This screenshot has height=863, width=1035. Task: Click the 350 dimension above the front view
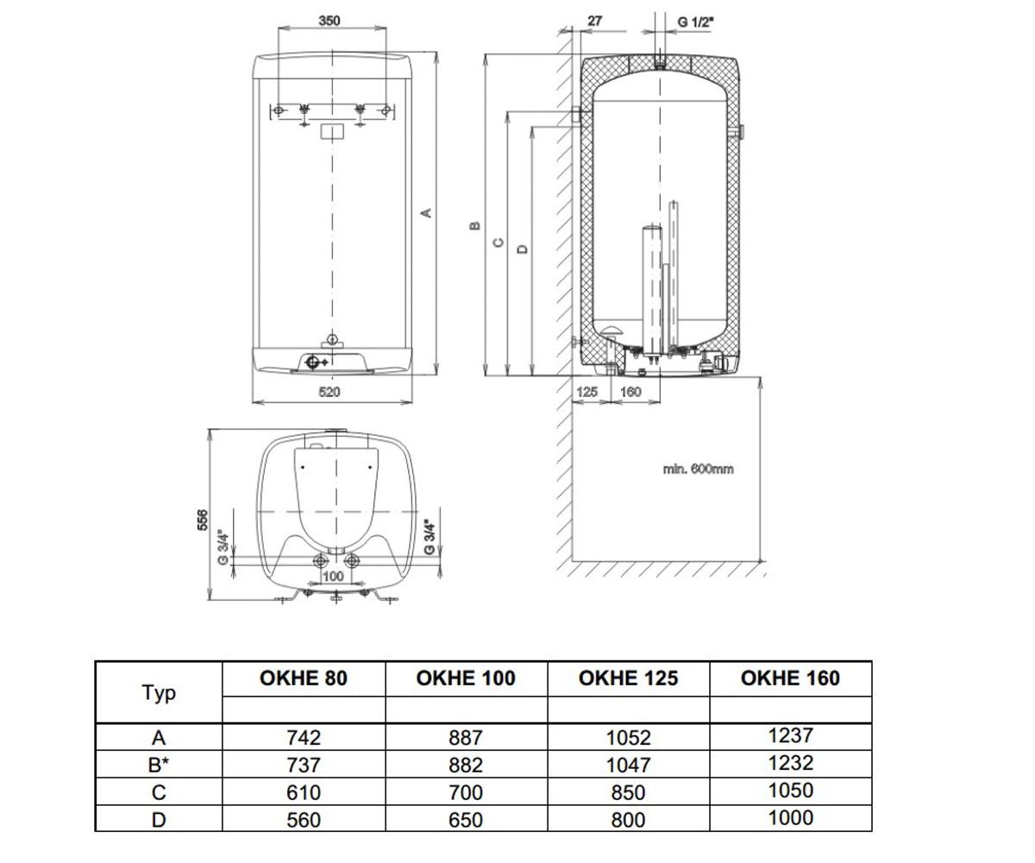(x=329, y=21)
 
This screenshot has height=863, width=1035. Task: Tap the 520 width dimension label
(x=329, y=393)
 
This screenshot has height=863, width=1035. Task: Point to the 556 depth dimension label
(x=203, y=520)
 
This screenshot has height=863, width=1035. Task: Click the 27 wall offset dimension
(x=594, y=21)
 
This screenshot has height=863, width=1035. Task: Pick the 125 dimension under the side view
(x=586, y=392)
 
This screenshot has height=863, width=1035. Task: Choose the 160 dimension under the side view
(x=630, y=392)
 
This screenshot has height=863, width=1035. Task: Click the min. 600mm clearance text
(x=698, y=469)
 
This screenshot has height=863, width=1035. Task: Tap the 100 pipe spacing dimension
(x=333, y=576)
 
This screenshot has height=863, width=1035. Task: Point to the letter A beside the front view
(x=426, y=213)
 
